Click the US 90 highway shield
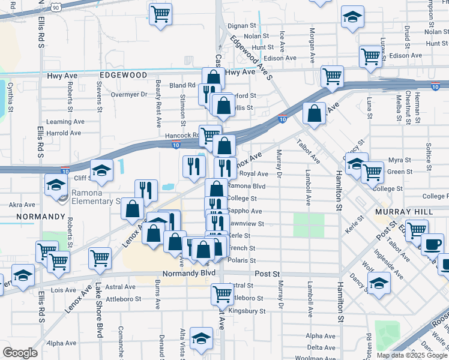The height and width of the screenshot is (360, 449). click(x=56, y=7)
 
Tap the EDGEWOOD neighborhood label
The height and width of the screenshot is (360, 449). click(x=124, y=75)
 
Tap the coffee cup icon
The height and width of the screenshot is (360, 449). click(x=432, y=245)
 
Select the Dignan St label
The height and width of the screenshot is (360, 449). click(x=241, y=26)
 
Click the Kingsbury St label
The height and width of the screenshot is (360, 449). click(x=247, y=311)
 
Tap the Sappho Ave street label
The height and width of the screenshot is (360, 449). click(x=244, y=211)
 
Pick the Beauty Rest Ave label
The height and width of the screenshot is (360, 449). click(x=158, y=104)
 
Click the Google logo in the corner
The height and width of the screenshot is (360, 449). click(x=20, y=353)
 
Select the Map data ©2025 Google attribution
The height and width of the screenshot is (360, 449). click(x=411, y=355)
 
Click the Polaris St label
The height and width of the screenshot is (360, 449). click(x=243, y=260)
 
